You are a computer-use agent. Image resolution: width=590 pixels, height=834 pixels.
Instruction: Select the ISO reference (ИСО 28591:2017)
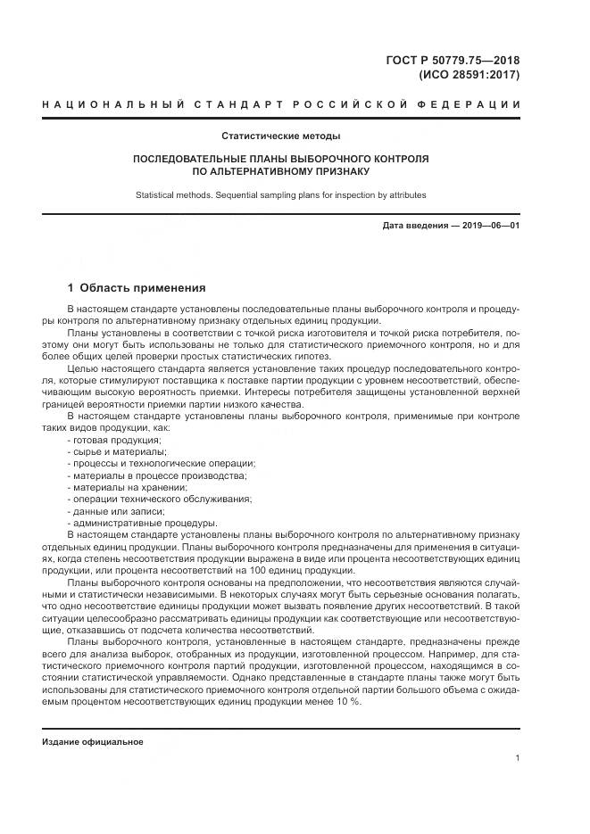coord(469,75)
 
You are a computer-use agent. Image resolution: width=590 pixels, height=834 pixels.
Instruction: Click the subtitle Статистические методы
coord(281,136)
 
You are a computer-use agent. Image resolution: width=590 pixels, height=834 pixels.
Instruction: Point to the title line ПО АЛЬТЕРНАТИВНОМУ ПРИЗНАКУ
coord(281,170)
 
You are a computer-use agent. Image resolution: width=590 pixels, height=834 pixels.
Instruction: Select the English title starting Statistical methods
coord(281,194)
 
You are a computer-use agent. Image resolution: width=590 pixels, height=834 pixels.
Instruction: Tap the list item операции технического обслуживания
coord(158,499)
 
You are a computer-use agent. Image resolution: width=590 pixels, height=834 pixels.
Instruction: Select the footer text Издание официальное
coord(93,741)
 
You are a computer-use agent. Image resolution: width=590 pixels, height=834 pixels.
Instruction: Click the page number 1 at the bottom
coord(517,758)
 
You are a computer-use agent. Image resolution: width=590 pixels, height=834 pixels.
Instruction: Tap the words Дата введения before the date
coord(415,225)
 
